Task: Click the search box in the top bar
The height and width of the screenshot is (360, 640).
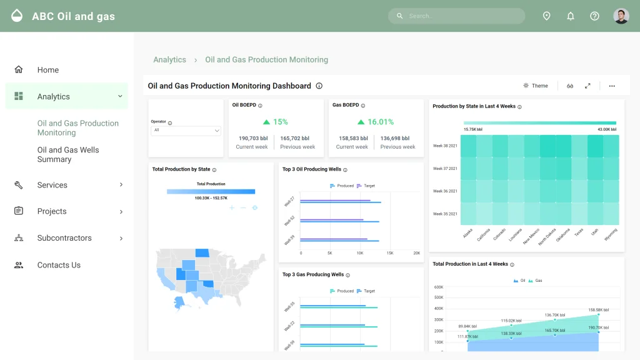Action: point(456,16)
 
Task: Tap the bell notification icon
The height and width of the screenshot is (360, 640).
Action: point(570,16)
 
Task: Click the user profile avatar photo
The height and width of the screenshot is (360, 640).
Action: point(621,16)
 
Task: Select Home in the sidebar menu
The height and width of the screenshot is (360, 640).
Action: point(47,70)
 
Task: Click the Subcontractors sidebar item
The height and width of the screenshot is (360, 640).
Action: point(64,238)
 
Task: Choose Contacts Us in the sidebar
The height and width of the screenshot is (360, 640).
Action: point(59,265)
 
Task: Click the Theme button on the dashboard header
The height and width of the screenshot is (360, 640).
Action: point(536,86)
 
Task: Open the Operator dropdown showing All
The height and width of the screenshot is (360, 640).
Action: point(186,131)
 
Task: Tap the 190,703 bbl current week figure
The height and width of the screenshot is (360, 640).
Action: point(252,138)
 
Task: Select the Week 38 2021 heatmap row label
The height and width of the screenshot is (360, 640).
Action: point(445,146)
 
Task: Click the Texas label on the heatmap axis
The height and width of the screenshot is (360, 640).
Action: point(579,232)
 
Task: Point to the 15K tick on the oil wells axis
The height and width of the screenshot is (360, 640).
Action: point(390,253)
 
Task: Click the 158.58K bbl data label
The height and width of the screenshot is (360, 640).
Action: point(598,309)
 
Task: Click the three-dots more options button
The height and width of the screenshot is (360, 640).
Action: point(611,86)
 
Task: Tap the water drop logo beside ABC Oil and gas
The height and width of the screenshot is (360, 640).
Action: point(17,16)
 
